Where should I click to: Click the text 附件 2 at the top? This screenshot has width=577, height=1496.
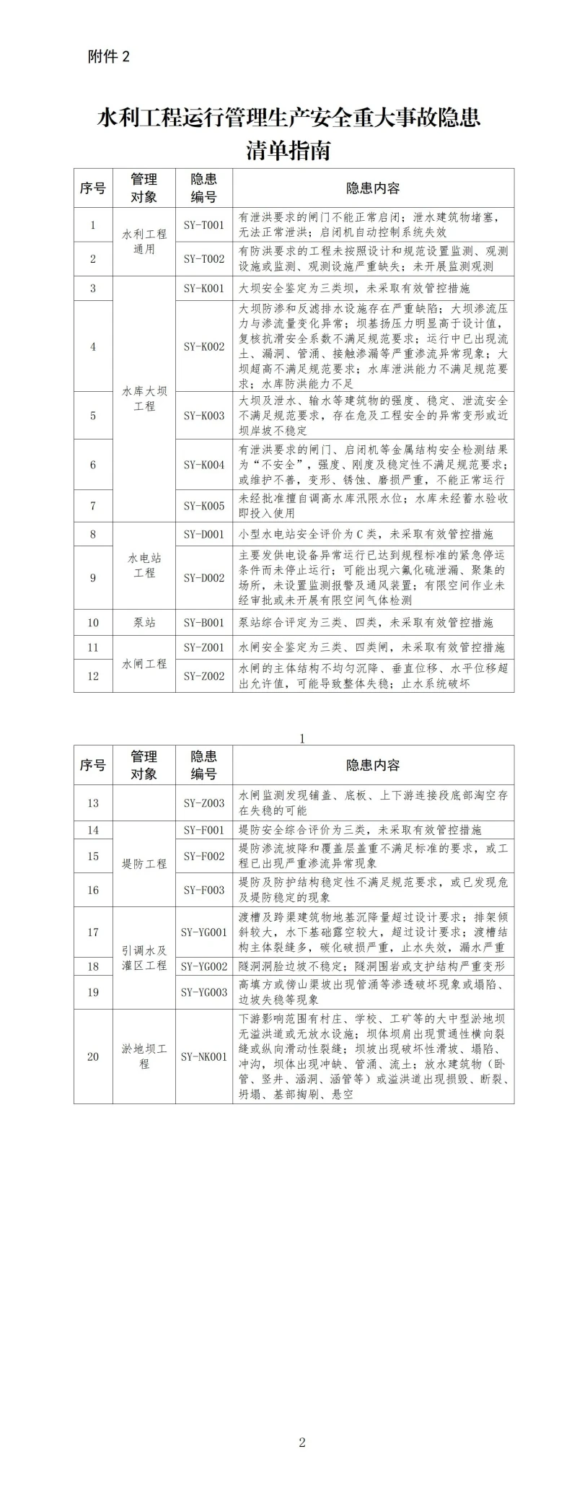pos(109,57)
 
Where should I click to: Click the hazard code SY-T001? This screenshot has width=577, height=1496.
pos(203,225)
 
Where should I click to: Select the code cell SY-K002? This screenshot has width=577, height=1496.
pos(203,346)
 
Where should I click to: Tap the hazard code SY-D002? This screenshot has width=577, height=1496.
pos(203,578)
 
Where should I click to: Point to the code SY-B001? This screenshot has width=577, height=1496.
pos(203,623)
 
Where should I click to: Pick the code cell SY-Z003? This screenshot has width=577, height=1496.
pos(203,803)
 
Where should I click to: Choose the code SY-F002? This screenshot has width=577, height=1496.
pos(203,857)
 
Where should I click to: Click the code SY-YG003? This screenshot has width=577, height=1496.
pos(203,992)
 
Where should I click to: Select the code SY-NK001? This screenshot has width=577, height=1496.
pos(203,1057)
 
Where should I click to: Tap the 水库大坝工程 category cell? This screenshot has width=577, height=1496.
pos(144,399)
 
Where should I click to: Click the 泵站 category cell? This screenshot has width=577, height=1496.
pos(144,623)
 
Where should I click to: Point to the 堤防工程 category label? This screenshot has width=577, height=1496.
pos(144,864)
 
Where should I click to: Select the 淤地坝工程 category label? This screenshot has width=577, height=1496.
pos(144,1057)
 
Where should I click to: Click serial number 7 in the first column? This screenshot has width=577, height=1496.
pos(93,506)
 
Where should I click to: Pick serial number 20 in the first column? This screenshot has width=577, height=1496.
pos(93,1057)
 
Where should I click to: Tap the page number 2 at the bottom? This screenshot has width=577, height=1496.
pos(301,1443)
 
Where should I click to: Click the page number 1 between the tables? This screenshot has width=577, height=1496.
pos(301,738)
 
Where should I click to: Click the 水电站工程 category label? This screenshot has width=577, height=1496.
pos(144,566)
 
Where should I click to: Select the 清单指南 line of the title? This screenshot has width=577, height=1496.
pos(288,151)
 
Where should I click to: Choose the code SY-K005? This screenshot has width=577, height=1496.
pos(203,506)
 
